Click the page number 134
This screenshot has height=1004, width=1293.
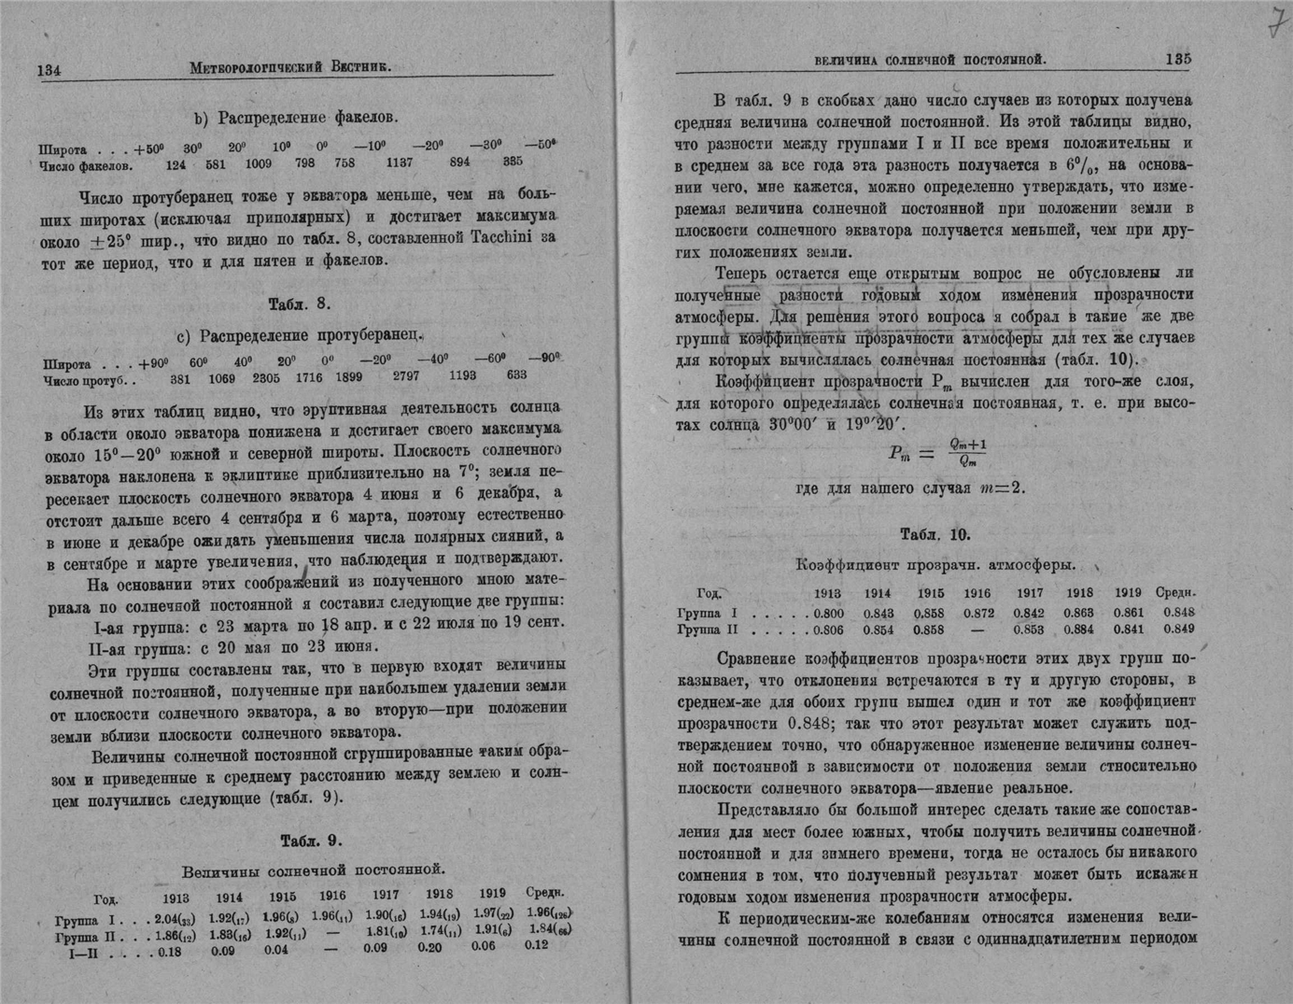pos(49,70)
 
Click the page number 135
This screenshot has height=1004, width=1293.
pos(1177,59)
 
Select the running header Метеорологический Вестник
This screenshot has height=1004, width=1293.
pos(289,67)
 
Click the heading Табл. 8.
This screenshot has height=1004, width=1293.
pos(300,304)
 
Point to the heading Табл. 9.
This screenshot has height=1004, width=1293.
pos(311,841)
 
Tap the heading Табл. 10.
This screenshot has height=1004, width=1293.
pos(935,534)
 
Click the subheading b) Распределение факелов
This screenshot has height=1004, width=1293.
pos(296,118)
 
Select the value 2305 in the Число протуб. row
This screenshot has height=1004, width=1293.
pos(266,377)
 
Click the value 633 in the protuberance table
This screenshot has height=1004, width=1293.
pos(516,375)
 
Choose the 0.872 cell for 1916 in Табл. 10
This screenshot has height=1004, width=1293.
pos(977,613)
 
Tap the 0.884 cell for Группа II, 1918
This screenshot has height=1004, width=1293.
pos(1079,630)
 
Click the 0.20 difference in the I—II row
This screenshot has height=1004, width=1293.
pos(429,947)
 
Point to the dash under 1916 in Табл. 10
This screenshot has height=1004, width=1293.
pos(977,630)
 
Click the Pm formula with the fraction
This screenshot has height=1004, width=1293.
pos(936,453)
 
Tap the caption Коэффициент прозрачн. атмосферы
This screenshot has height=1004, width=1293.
pos(935,565)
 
